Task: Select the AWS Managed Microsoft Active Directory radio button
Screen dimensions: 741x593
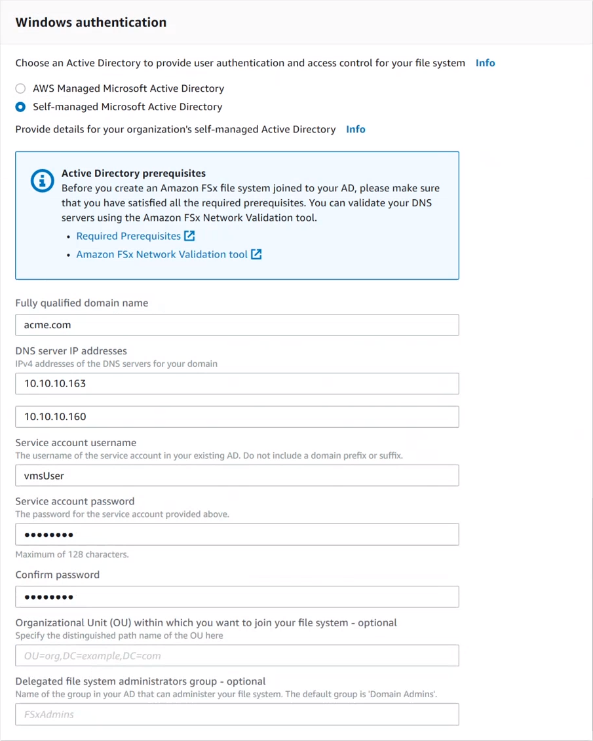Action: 21,88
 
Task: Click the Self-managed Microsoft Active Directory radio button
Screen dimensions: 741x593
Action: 21,107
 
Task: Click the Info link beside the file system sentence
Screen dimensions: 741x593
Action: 485,63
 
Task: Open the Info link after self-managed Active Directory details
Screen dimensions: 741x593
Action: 355,129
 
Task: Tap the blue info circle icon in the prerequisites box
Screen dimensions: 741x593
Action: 43,180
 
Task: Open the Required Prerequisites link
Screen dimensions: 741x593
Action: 128,236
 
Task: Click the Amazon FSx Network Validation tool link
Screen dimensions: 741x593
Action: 162,254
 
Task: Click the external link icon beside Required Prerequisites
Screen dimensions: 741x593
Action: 189,236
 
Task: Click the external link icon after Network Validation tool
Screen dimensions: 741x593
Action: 256,254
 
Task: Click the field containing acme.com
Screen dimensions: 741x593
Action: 237,325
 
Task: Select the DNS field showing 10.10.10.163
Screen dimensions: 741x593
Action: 237,383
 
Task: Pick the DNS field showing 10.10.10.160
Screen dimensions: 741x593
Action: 237,417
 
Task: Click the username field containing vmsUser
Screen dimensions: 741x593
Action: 237,476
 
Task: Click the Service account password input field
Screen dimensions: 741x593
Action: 237,535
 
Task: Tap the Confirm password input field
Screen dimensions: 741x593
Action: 237,597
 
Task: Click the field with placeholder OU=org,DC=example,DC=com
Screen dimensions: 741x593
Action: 237,656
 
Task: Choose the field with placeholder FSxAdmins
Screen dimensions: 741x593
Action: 237,714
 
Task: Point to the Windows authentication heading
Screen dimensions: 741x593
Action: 91,22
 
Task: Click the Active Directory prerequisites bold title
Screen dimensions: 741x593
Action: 134,174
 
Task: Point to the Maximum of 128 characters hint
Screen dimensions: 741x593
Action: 72,554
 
